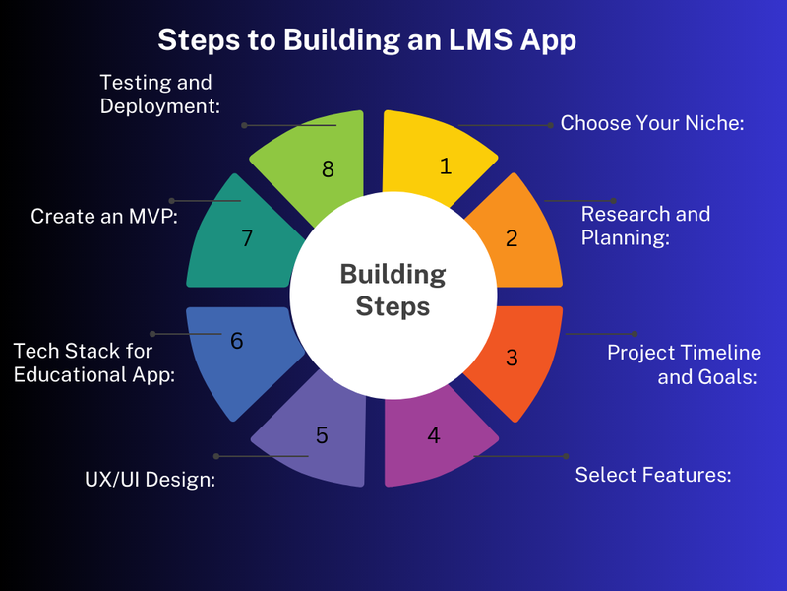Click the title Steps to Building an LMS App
click(x=367, y=40)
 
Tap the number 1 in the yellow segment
click(x=446, y=166)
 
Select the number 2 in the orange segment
click(x=512, y=238)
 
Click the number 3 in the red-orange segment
click(x=512, y=358)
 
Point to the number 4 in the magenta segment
click(x=434, y=435)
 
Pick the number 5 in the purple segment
click(x=322, y=435)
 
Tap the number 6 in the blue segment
click(x=237, y=341)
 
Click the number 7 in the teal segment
click(x=247, y=238)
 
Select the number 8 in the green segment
click(x=328, y=169)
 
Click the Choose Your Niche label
click(x=652, y=123)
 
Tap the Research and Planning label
click(x=645, y=226)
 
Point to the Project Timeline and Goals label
click(x=684, y=364)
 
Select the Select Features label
click(x=653, y=475)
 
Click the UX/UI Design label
click(x=151, y=480)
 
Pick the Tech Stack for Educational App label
click(x=94, y=362)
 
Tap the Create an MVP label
click(x=104, y=216)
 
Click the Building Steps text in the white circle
click(x=393, y=291)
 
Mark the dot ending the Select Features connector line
click(x=566, y=456)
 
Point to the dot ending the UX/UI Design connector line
click(x=216, y=456)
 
